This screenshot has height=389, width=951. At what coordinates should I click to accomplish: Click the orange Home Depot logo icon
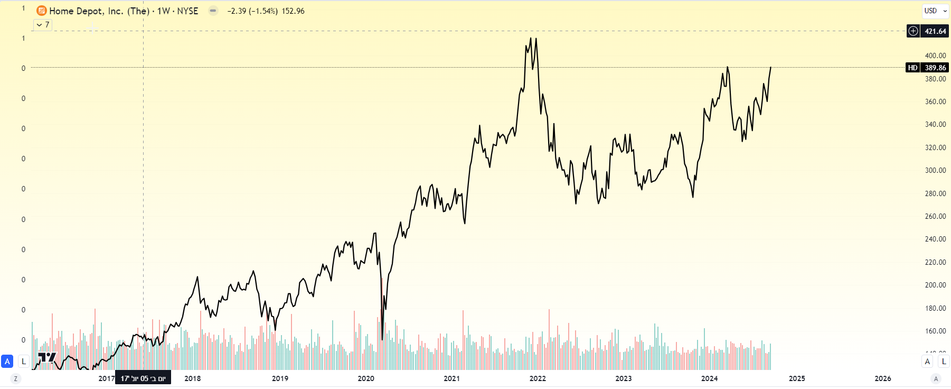coord(42,11)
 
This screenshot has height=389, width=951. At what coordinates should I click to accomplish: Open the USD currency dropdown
coord(935,11)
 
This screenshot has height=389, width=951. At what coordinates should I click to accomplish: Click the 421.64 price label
coord(935,31)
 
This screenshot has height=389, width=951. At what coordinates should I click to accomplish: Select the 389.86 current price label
coord(935,68)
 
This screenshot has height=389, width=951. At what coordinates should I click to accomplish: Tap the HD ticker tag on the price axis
coord(912,68)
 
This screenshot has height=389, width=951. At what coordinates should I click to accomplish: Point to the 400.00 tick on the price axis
coord(935,55)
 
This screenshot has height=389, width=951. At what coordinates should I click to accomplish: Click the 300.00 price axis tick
coord(935,170)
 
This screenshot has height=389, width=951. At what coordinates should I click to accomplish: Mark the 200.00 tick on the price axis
coord(935,285)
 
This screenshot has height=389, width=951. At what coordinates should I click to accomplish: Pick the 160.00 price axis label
coord(935,331)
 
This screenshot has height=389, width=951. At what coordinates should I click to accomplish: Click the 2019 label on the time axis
coord(280,378)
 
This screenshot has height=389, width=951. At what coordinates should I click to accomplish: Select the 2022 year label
coord(538,378)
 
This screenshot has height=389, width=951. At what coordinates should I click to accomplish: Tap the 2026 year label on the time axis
coord(882,378)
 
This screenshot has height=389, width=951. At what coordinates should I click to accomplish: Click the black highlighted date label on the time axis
coord(143,378)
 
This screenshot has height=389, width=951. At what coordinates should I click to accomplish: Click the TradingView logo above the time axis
coord(47,358)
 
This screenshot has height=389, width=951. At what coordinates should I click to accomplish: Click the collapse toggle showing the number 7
coord(43,25)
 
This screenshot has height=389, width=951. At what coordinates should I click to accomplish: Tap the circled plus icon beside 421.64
coord(913,31)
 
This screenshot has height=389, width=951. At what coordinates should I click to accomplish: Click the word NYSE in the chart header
coord(187,11)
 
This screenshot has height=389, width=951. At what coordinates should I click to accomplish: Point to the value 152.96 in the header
coord(293,11)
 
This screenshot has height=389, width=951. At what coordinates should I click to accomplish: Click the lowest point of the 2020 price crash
coord(382,339)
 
